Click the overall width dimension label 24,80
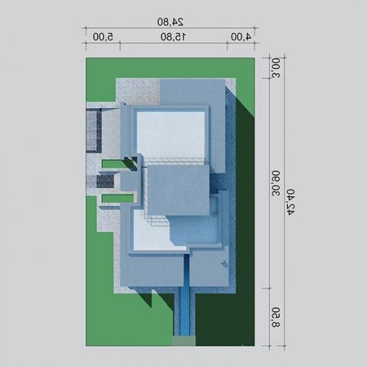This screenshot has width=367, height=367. (170, 22)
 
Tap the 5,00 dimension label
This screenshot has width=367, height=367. (103, 37)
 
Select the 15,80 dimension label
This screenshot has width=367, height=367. (173, 37)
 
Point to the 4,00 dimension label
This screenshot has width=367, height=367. (241, 37)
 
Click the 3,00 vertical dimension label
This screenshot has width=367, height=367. (276, 68)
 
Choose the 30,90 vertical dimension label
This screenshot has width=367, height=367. (276, 183)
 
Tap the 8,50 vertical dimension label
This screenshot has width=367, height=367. (276, 317)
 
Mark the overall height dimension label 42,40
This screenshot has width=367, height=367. (291, 202)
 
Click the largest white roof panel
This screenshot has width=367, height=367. (171, 135)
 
